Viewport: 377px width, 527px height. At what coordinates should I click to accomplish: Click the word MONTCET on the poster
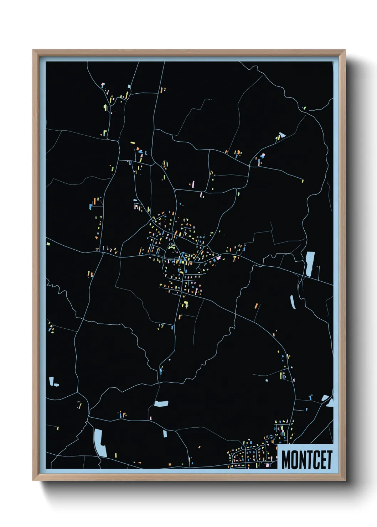307,460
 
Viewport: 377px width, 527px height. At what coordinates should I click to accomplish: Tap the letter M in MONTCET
286,460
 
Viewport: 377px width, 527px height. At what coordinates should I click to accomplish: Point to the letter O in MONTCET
294,460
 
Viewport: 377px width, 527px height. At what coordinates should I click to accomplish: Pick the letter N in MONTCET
302,460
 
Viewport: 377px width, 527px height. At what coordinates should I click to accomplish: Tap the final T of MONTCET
330,460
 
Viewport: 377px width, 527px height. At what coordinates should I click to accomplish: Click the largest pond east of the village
309,263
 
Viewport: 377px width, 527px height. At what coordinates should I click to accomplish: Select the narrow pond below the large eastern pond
293,302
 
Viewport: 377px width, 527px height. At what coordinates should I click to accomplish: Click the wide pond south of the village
161,404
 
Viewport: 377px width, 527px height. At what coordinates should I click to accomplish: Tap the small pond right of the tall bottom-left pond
165,433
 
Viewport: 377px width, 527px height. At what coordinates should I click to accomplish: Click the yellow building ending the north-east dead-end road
303,181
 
